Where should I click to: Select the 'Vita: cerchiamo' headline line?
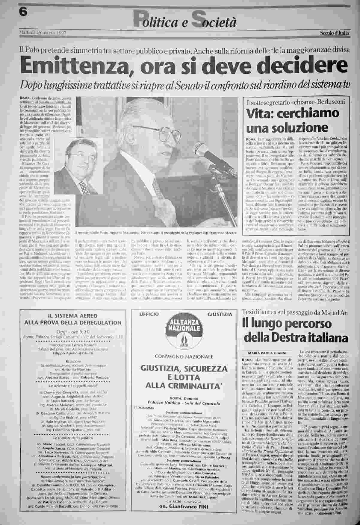tap(293, 114)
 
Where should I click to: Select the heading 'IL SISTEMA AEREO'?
tap(73, 315)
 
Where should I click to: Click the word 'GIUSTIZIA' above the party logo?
tap(220, 314)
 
